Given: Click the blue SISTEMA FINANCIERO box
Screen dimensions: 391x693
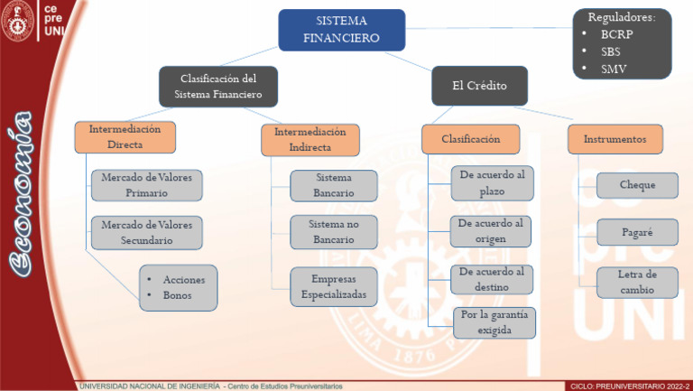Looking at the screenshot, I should pyautogui.click(x=341, y=29).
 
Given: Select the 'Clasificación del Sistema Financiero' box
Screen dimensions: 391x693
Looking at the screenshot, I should pyautogui.click(x=218, y=86).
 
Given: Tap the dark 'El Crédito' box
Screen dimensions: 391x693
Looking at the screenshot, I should pyautogui.click(x=479, y=86).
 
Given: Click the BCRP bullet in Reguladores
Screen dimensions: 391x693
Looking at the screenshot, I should pyautogui.click(x=616, y=34).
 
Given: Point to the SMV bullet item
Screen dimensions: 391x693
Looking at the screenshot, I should pyautogui.click(x=614, y=69).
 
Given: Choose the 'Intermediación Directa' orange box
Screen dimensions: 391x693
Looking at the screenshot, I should pyautogui.click(x=125, y=137).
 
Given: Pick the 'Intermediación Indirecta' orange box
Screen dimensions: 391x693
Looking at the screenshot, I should pyautogui.click(x=310, y=139).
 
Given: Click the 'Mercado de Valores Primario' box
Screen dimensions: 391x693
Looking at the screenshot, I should pyautogui.click(x=146, y=185).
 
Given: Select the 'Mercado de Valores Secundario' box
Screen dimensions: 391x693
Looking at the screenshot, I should pyautogui.click(x=146, y=232).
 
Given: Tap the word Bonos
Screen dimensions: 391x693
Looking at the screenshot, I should pyautogui.click(x=177, y=295).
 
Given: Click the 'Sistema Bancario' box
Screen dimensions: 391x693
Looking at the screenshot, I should pyautogui.click(x=333, y=185).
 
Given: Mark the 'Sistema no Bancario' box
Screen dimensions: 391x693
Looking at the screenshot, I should pyautogui.click(x=333, y=231).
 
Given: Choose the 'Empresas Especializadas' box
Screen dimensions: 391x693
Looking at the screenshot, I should pyautogui.click(x=333, y=287).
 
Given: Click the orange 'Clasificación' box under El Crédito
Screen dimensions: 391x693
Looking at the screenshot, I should pyautogui.click(x=470, y=139).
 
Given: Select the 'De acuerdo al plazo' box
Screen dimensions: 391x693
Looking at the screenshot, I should pyautogui.click(x=492, y=182).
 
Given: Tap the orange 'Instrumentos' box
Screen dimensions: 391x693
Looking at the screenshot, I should pyautogui.click(x=614, y=139).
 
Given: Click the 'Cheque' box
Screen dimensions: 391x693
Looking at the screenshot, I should pyautogui.click(x=637, y=185).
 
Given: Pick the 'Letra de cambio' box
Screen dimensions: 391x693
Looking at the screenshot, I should pyautogui.click(x=637, y=282).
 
